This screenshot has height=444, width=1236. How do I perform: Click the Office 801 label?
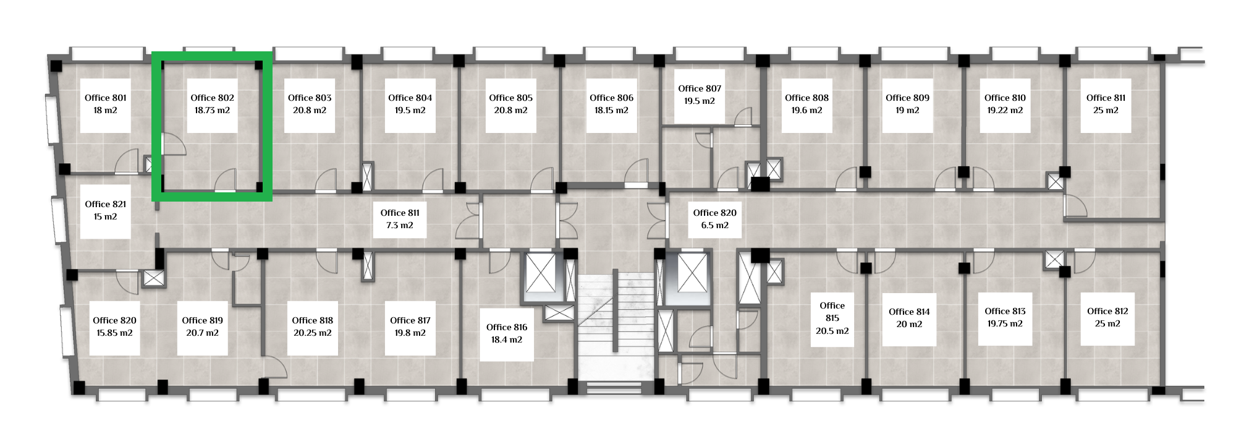click(x=105, y=105)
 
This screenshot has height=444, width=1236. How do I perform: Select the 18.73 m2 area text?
click(x=212, y=111)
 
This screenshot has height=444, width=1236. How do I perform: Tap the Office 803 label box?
click(x=310, y=105)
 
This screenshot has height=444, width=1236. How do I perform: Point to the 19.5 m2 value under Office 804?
click(x=410, y=111)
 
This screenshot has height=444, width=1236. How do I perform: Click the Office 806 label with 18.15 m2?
click(x=611, y=105)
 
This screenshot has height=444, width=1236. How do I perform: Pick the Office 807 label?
click(x=700, y=95)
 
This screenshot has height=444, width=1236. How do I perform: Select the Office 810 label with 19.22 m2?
click(x=1005, y=105)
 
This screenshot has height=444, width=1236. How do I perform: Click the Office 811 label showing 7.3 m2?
click(x=400, y=220)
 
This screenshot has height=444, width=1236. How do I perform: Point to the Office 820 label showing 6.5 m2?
click(x=714, y=220)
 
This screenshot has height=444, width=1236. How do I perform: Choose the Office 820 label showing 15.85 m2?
click(x=114, y=327)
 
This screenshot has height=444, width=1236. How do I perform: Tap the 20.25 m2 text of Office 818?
click(x=313, y=333)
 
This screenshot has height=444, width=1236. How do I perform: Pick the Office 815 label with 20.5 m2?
click(x=832, y=318)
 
